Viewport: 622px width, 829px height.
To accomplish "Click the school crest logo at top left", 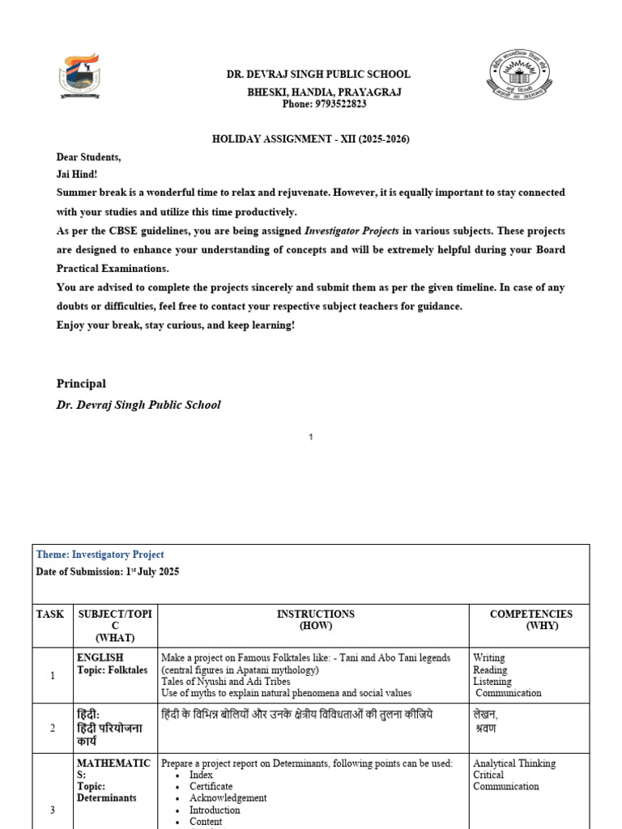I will pyautogui.click(x=79, y=77).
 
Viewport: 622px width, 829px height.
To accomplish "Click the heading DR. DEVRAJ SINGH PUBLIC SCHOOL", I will pyautogui.click(x=318, y=74).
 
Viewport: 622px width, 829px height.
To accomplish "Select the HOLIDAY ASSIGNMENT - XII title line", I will pyautogui.click(x=311, y=139).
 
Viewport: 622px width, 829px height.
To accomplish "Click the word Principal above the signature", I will pyautogui.click(x=81, y=384).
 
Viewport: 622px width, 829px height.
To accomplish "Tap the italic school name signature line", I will pyautogui.click(x=138, y=405).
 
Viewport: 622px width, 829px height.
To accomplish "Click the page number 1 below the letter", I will pyautogui.click(x=311, y=437).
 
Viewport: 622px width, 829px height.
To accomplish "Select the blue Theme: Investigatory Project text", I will pyautogui.click(x=100, y=555).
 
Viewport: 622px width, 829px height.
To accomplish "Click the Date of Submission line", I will pyautogui.click(x=108, y=572).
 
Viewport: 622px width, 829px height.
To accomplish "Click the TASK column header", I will pyautogui.click(x=49, y=614).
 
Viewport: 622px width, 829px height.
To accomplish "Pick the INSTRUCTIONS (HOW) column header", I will pyautogui.click(x=316, y=620).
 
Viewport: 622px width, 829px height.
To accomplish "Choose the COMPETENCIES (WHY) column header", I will pyautogui.click(x=530, y=620).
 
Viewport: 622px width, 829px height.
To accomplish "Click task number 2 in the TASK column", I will pyautogui.click(x=52, y=728).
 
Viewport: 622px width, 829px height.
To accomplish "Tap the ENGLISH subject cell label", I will pyautogui.click(x=100, y=658).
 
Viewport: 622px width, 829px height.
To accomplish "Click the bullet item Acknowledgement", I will pyautogui.click(x=228, y=797).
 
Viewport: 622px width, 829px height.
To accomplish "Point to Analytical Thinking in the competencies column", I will pyautogui.click(x=514, y=763).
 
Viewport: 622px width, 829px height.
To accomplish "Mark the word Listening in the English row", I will pyautogui.click(x=492, y=682).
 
